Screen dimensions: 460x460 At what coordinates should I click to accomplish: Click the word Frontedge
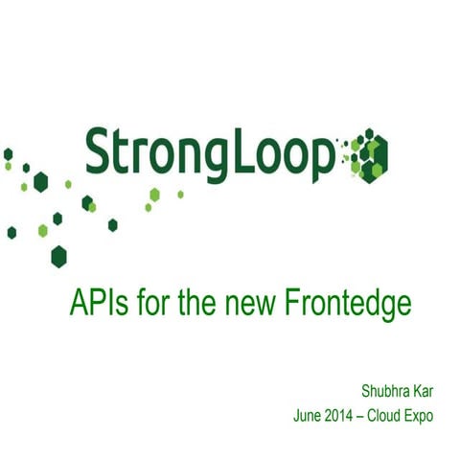tap(349, 305)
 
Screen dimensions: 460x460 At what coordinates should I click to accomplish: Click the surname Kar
tap(424, 391)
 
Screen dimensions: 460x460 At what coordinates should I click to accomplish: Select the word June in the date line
tap(309, 417)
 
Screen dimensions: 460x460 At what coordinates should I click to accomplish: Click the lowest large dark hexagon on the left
tap(59, 256)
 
